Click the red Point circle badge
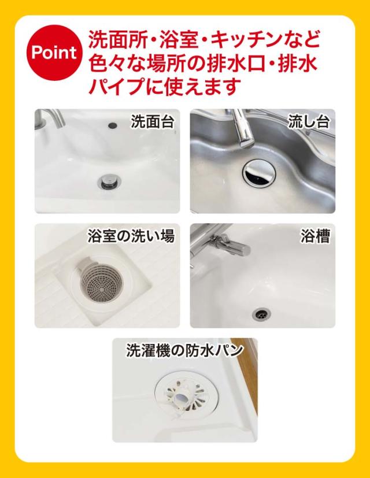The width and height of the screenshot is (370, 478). click(54, 53)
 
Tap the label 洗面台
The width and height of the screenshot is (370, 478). click(153, 121)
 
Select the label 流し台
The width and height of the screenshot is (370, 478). click(309, 121)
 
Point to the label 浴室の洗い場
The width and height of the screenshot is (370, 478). click(131, 236)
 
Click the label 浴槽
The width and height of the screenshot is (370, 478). click(316, 236)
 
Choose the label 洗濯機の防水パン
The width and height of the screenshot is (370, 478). click(185, 351)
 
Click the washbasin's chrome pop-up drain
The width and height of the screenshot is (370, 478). click(110, 180)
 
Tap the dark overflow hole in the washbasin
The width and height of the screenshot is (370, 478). click(113, 125)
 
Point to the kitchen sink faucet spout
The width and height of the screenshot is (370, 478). click(242, 129)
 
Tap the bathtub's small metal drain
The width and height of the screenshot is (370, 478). click(262, 313)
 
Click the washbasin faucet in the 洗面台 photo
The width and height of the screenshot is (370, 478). click(50, 120)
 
